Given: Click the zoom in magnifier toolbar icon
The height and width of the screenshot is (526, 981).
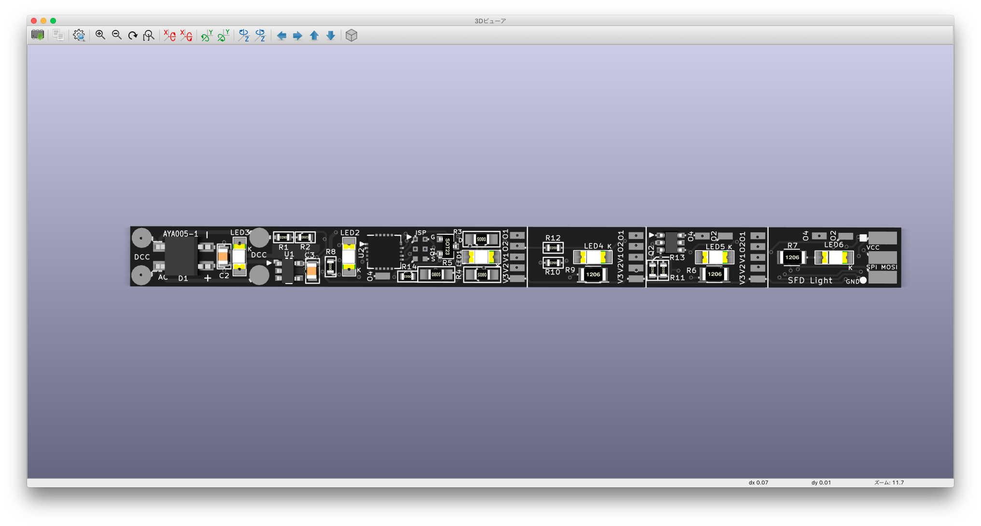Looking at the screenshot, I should point(100,35).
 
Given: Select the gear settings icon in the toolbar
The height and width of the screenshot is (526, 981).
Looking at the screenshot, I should point(79,35).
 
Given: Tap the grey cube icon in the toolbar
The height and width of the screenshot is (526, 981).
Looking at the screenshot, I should point(351,35).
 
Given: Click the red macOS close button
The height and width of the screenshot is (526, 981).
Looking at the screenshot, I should point(34,21).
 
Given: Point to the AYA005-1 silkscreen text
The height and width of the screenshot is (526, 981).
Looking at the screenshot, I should point(181,234).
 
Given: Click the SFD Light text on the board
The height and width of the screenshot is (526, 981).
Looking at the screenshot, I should point(810,281).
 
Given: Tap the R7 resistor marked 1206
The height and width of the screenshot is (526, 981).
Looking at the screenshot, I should point(792,257).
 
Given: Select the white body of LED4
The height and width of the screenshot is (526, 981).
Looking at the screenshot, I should point(593,257).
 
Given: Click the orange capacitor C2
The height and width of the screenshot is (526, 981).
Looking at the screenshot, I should point(223,256).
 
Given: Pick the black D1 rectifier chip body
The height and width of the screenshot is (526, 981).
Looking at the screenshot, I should point(181,256).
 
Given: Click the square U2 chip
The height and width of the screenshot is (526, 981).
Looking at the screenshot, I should point(384,252).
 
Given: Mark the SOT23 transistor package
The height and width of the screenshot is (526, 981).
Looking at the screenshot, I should point(447,246).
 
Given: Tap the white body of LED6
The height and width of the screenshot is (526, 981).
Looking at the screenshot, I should point(834,257).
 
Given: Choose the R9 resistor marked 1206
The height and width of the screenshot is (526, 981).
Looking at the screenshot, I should point(593,274).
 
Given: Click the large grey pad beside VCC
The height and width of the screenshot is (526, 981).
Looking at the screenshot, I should point(883,238).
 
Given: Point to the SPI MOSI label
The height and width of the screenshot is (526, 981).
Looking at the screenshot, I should point(882,267).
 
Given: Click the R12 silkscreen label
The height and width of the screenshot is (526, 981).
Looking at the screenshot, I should point(553,238).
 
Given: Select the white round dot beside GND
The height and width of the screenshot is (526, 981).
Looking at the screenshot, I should point(863,280).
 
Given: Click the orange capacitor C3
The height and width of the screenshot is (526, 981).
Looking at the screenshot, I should point(312,271).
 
